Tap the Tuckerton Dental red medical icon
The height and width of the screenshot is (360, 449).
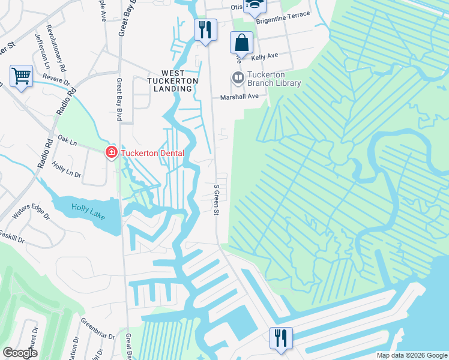pos(111,153)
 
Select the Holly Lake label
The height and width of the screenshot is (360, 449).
pos(88,211)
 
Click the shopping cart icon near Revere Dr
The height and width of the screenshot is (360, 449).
pos(21,76)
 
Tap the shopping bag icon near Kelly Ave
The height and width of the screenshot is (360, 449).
pos(241,43)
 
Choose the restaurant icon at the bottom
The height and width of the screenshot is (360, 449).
pos(280,337)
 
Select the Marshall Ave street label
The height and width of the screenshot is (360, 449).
pos(239,96)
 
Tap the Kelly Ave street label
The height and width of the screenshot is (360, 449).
pos(265,56)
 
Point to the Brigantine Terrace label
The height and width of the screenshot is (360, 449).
pos(283,17)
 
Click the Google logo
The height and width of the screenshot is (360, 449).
pos(20,353)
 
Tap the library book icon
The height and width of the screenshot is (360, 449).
pos(238,78)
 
